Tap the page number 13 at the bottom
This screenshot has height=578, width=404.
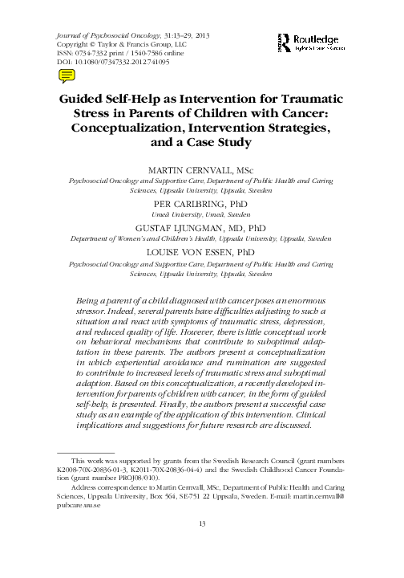pyautogui.click(x=202, y=547)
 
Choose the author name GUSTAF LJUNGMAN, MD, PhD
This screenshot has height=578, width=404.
pyautogui.click(x=202, y=227)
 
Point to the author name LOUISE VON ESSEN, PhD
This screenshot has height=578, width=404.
pyautogui.click(x=202, y=250)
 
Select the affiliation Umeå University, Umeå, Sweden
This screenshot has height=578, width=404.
pyautogui.click(x=202, y=216)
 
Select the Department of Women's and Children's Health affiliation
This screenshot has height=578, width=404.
pyautogui.click(x=202, y=239)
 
